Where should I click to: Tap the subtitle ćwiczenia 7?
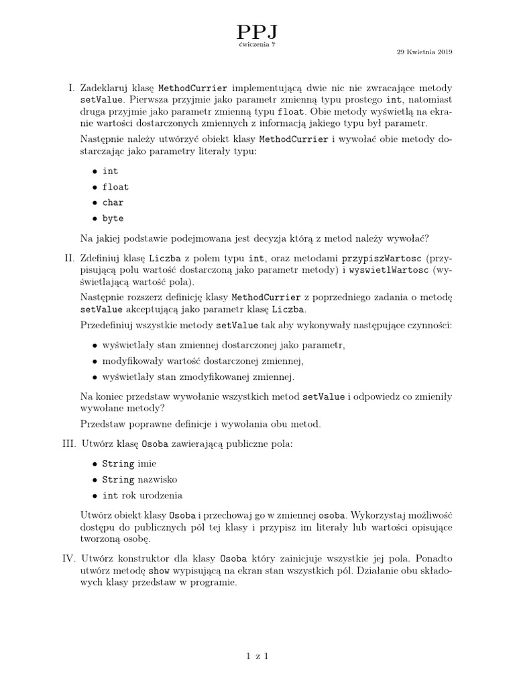(x=257, y=44)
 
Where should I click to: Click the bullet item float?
(x=115, y=187)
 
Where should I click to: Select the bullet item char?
(x=113, y=202)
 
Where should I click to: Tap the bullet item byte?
(x=113, y=218)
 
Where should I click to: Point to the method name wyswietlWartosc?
(x=386, y=269)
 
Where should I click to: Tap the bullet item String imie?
(x=127, y=464)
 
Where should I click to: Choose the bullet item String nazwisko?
(x=139, y=480)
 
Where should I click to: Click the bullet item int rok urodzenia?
(x=141, y=496)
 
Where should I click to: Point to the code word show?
(x=158, y=571)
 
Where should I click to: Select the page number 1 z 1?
(x=257, y=657)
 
